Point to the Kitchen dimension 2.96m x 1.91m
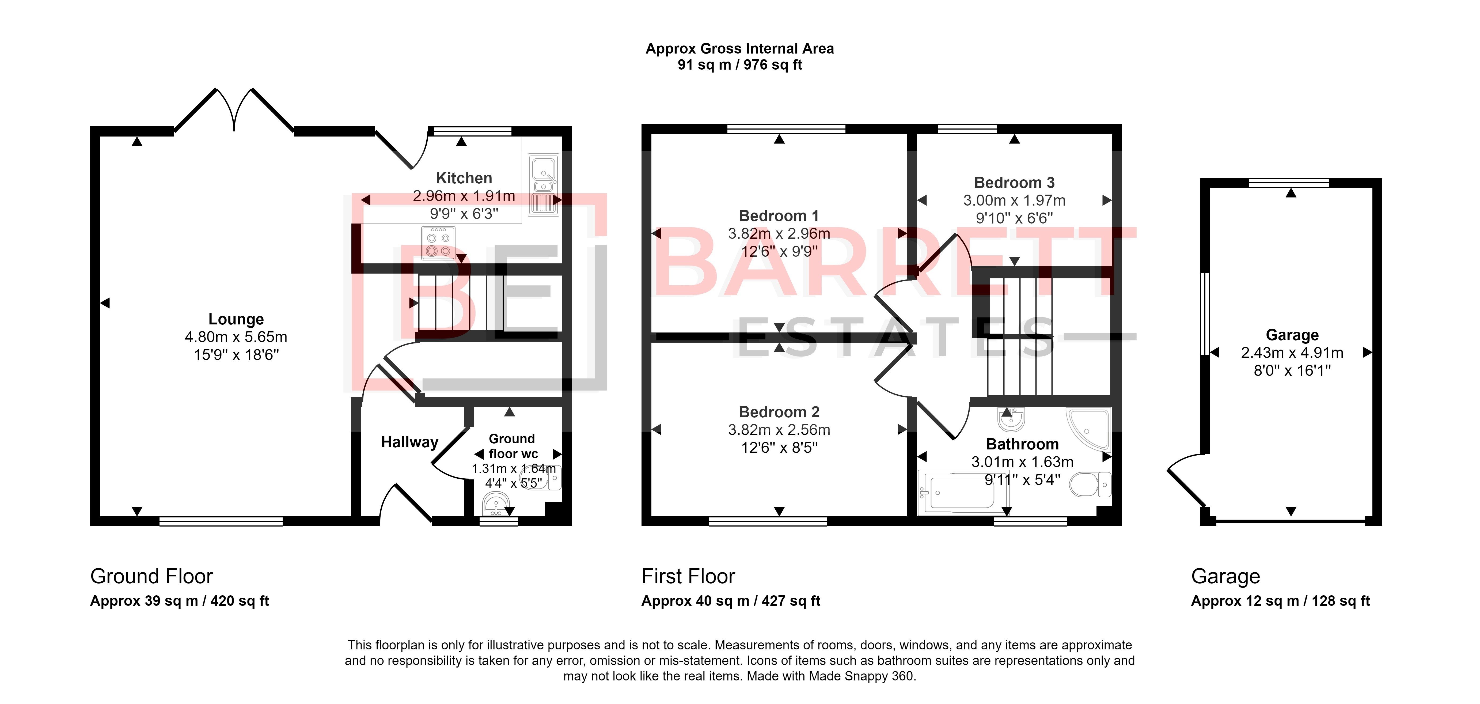464,196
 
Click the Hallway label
410,442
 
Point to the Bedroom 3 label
1014,183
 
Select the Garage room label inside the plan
1292,335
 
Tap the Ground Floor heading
152,576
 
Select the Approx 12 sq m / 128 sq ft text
1280,601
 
